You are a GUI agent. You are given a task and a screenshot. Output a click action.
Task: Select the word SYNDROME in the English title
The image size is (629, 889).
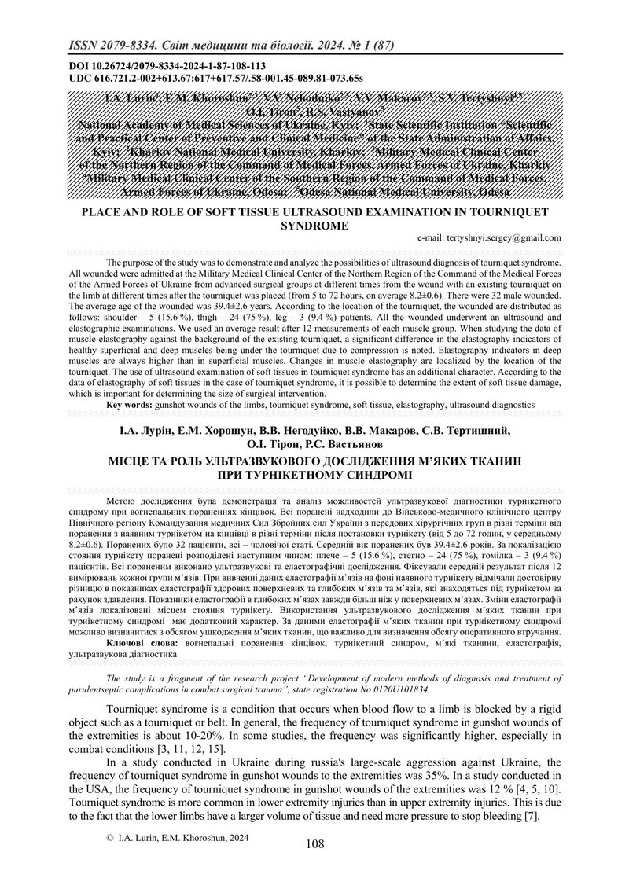pyautogui.click(x=314, y=225)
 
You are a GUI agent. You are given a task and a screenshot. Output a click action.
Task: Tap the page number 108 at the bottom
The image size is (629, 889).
pyautogui.click(x=314, y=866)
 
